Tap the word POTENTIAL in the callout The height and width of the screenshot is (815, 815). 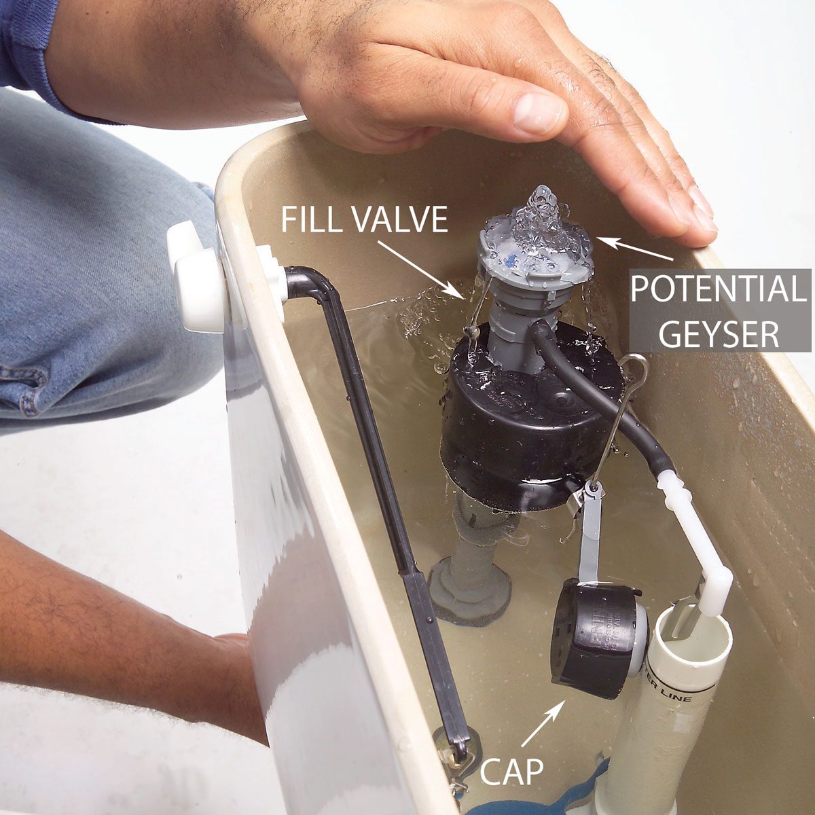(717, 289)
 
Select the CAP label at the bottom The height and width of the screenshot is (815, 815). (511, 772)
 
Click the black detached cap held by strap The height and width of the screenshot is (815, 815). (591, 638)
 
